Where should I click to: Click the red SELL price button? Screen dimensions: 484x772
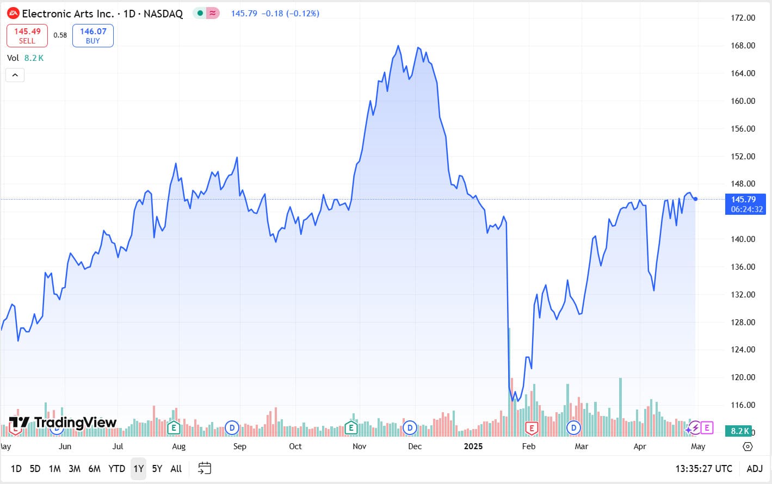[x=27, y=35]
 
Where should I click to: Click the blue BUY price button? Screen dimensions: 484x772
[x=93, y=35]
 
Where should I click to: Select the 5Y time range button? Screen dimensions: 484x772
[x=157, y=468]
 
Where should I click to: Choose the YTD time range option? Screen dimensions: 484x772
[x=116, y=468]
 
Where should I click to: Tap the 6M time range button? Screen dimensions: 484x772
[x=94, y=468]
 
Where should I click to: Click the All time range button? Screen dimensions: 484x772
[x=176, y=468]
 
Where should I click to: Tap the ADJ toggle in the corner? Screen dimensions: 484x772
[x=754, y=468]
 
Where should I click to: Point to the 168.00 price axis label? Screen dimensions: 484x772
[x=743, y=46]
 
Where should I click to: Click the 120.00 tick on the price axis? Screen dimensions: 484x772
[x=743, y=377]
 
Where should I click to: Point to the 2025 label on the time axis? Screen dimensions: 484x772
[x=473, y=446]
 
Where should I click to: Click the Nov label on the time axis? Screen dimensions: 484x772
[x=359, y=446]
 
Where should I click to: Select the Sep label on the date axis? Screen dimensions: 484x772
[x=239, y=446]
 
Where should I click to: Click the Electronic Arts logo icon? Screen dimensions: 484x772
[x=13, y=14]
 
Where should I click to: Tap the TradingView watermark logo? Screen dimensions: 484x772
[x=63, y=423]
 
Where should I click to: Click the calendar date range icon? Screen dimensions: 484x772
[x=205, y=468]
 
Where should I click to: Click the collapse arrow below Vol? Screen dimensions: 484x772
[x=15, y=75]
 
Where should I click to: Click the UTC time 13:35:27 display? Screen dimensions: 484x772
[x=703, y=468]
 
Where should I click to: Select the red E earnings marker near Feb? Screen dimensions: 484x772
[x=531, y=428]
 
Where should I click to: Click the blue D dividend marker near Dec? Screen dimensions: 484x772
[x=410, y=428]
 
